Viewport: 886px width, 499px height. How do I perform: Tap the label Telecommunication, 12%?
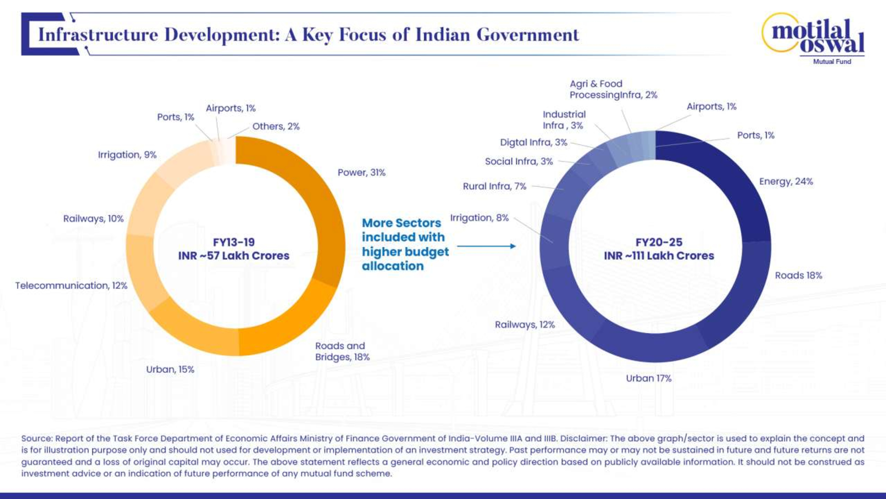click(71, 285)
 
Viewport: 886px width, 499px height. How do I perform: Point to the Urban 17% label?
click(648, 378)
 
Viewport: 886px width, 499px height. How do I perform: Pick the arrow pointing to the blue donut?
click(486, 246)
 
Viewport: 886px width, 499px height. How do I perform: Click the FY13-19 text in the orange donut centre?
click(234, 242)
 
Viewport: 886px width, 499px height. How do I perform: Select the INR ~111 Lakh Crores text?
click(659, 256)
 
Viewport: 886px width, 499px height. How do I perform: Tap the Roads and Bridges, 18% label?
click(342, 351)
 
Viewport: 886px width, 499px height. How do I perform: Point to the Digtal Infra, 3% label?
click(533, 142)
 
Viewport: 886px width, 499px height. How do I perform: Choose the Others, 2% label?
click(276, 126)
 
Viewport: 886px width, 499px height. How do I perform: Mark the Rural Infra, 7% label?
click(494, 186)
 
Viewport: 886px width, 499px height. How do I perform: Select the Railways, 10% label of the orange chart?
click(93, 219)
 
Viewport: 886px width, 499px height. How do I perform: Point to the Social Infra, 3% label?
click(519, 161)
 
